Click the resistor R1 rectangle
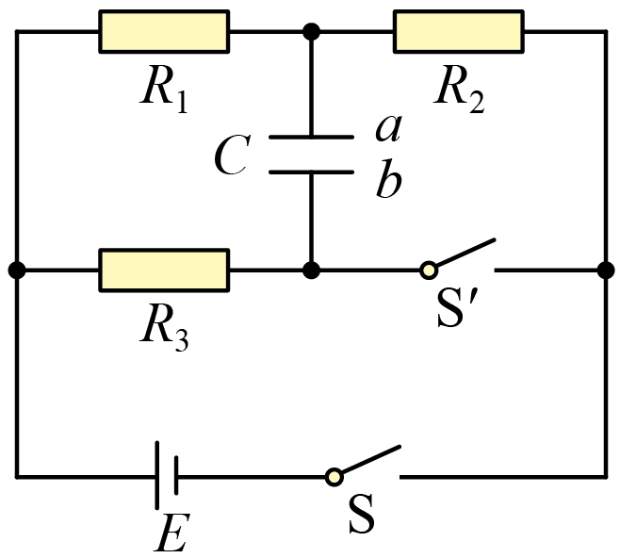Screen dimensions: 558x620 click(x=164, y=31)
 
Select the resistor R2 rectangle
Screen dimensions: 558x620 click(x=459, y=31)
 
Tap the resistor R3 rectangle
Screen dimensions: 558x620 click(x=164, y=270)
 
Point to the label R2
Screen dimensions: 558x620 click(x=459, y=90)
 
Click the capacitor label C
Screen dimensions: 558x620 click(x=230, y=156)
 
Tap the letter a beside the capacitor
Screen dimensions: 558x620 click(x=387, y=127)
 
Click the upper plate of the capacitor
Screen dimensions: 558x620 click(x=311, y=138)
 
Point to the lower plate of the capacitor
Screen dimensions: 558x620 click(x=311, y=172)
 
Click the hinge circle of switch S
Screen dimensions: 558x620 click(x=334, y=476)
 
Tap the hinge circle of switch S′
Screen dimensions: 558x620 click(x=429, y=271)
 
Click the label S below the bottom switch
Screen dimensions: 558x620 click(x=361, y=517)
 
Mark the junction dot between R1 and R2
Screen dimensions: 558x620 click(x=311, y=32)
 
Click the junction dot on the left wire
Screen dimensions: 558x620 click(x=16, y=271)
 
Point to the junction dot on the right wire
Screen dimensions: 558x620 click(x=604, y=271)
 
